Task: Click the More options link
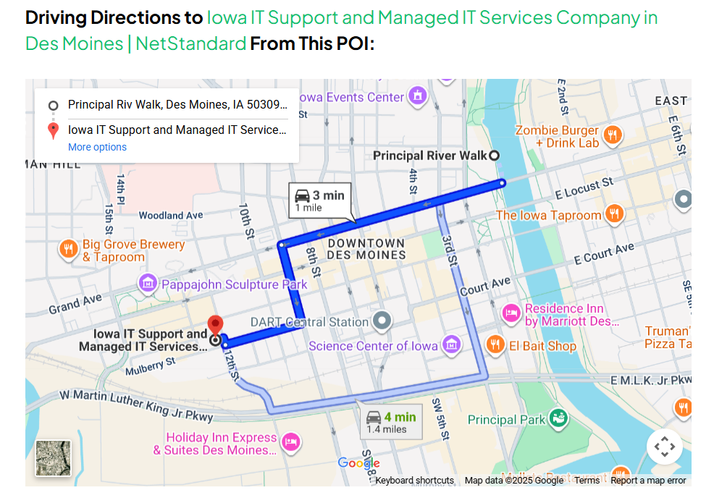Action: (97, 147)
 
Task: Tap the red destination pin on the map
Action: (215, 326)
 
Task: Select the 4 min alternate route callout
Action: (390, 421)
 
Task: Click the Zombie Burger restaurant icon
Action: (613, 135)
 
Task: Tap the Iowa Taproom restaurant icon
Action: (614, 214)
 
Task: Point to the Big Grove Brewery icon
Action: (70, 249)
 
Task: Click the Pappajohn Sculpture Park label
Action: (235, 284)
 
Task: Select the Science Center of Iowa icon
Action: (452, 345)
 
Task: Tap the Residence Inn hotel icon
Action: (512, 313)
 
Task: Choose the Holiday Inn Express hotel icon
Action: (290, 442)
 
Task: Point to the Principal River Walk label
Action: (430, 156)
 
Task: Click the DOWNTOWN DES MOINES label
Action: (366, 249)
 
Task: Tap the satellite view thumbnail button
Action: (54, 457)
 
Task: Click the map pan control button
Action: (664, 447)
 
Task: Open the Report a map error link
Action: (648, 481)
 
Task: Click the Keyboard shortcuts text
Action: (414, 481)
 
